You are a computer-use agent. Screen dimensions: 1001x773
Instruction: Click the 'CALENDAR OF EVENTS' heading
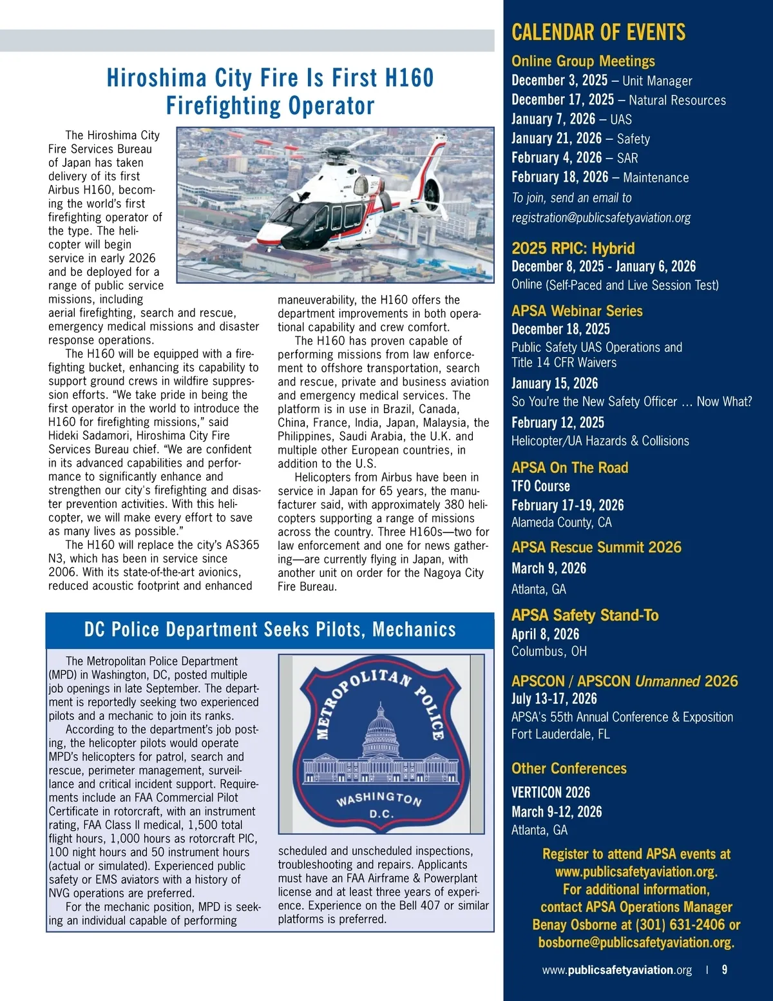click(x=598, y=32)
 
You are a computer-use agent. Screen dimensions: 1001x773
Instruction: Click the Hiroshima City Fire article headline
click(x=270, y=92)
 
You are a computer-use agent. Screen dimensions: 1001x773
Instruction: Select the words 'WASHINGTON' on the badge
click(x=379, y=799)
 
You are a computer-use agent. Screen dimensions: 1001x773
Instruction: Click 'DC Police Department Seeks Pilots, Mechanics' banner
click(x=270, y=630)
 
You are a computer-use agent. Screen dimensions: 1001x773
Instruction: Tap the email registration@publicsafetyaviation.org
click(x=600, y=218)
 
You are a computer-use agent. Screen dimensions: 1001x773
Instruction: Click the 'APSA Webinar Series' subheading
click(x=577, y=311)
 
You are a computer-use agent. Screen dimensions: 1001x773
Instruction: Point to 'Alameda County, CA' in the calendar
click(x=561, y=523)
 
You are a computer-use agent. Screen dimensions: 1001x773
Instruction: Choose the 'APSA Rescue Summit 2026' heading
click(x=596, y=547)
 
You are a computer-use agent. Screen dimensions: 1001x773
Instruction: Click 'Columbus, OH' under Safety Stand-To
click(x=549, y=652)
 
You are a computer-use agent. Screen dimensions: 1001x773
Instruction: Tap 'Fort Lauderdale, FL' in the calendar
click(x=560, y=734)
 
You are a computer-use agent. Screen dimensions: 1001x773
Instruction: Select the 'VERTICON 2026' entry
click(x=550, y=792)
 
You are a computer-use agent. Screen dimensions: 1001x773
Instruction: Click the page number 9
click(x=725, y=970)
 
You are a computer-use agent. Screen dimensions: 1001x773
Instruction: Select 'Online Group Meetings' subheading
click(x=582, y=61)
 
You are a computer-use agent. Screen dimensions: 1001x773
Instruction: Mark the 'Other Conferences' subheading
click(x=568, y=768)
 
